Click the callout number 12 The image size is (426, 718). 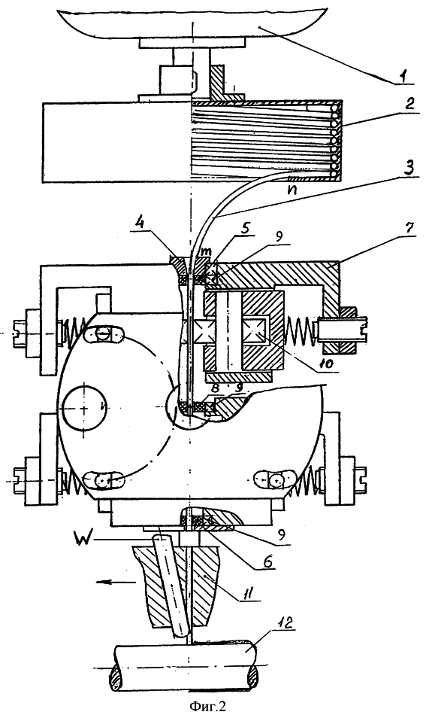[x=287, y=623]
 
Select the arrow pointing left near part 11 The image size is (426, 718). [x=116, y=583]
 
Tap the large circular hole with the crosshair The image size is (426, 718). [x=86, y=406]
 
